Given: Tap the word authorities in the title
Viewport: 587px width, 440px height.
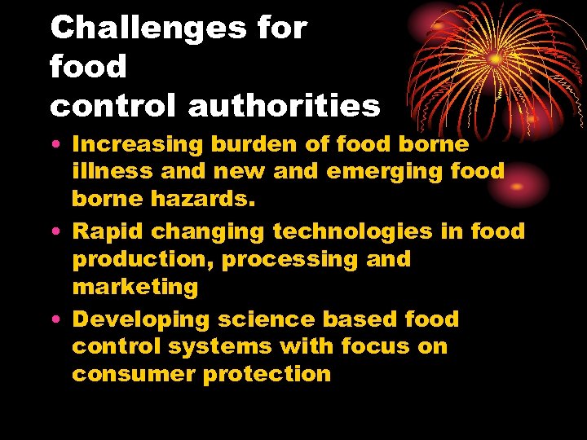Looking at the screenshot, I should [x=285, y=105].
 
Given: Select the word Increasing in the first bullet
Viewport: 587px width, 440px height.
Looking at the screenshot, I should [x=137, y=144].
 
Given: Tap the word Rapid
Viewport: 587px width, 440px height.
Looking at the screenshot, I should [x=108, y=231].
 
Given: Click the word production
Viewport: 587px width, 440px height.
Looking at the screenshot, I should [x=142, y=259].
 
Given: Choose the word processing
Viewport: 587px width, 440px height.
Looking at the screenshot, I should [x=296, y=259].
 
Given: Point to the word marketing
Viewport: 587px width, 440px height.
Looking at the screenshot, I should [x=135, y=287].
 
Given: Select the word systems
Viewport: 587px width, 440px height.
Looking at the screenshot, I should [x=220, y=346].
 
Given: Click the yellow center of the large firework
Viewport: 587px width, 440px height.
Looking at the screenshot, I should [x=496, y=59].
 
